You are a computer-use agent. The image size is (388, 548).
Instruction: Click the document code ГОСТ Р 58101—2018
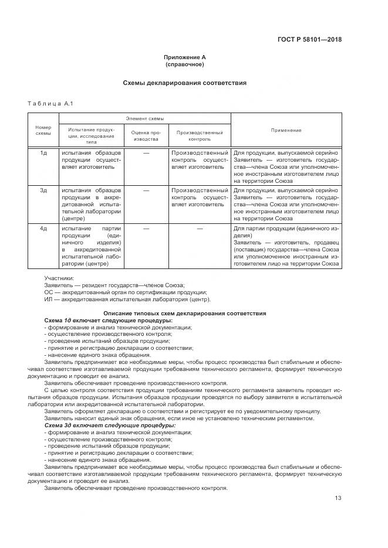click(309, 40)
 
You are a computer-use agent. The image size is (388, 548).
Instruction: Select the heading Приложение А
click(184, 57)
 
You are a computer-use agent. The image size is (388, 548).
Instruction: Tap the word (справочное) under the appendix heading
click(184, 64)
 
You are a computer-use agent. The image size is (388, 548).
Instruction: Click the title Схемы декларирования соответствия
click(184, 83)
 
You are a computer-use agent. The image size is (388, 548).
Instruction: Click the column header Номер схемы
click(43, 130)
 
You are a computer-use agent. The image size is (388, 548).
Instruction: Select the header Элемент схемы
click(144, 118)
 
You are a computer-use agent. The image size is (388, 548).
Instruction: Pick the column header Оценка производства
click(145, 136)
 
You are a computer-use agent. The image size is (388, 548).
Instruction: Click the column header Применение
click(286, 130)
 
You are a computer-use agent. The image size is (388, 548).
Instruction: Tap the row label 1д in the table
click(43, 152)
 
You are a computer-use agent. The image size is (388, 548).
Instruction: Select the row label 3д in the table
click(43, 190)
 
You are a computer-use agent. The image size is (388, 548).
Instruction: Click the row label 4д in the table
click(43, 228)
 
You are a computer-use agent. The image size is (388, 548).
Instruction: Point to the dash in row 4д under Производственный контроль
click(200, 228)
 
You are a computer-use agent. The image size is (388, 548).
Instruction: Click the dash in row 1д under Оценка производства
click(146, 152)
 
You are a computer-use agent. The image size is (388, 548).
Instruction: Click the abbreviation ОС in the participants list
click(49, 291)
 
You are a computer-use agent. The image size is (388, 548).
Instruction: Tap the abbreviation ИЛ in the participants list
click(49, 299)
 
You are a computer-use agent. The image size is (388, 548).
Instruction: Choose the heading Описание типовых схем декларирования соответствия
click(184, 313)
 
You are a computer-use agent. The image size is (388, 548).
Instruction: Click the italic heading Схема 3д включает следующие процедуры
click(110, 425)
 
